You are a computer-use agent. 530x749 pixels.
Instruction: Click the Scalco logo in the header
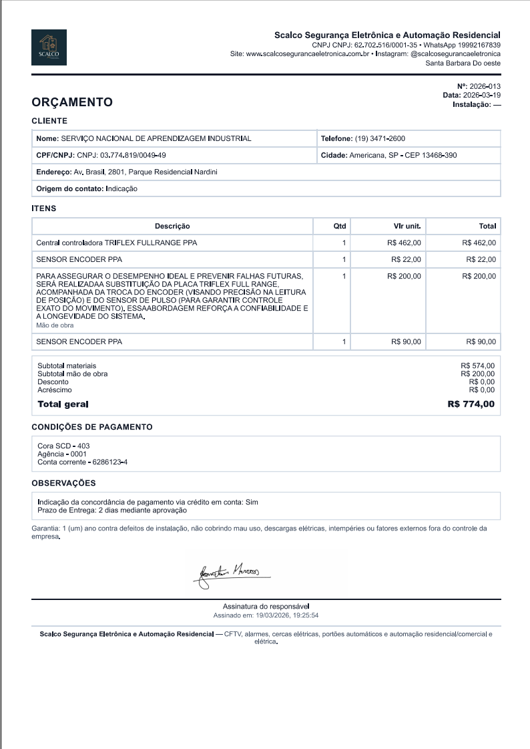[49, 48]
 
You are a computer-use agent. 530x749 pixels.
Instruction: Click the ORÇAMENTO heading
[72, 102]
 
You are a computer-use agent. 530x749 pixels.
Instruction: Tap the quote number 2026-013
[485, 87]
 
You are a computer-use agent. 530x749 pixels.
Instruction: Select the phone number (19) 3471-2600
[380, 138]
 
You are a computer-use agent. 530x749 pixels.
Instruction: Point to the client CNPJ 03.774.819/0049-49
[133, 155]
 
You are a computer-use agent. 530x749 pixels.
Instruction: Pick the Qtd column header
[340, 226]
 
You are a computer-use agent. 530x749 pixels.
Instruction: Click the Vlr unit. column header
[407, 226]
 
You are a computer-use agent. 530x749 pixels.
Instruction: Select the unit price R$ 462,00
[404, 243]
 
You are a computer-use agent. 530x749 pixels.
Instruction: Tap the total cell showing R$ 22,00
[481, 259]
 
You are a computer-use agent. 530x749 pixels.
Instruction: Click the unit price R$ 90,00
[406, 342]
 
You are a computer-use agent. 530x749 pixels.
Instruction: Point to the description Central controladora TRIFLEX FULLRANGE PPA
[116, 243]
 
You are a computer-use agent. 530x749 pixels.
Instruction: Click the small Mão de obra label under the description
[55, 325]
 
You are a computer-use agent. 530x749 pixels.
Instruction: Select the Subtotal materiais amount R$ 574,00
[477, 365]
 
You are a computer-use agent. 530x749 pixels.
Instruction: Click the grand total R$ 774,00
[471, 404]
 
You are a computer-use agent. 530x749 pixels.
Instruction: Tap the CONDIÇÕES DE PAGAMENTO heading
[92, 427]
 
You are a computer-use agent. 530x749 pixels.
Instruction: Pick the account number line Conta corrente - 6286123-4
[82, 462]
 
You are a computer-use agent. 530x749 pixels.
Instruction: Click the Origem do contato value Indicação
[121, 189]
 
